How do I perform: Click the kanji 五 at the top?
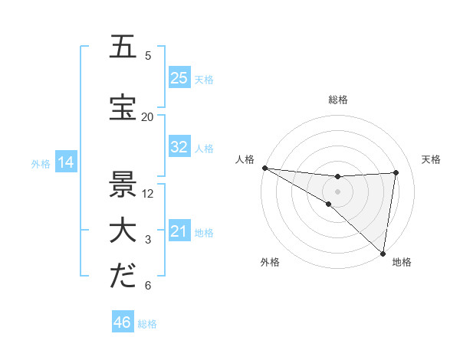pyautogui.click(x=123, y=47)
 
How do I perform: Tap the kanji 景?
pyautogui.click(x=123, y=185)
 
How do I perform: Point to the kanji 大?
pyautogui.click(x=123, y=232)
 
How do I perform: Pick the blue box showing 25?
pyautogui.click(x=179, y=78)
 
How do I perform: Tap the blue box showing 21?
pyautogui.click(x=179, y=231)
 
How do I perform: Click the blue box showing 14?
pyautogui.click(x=65, y=162)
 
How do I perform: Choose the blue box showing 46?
pyautogui.click(x=122, y=322)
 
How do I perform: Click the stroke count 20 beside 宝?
pyautogui.click(x=147, y=116)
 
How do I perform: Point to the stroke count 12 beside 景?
pyautogui.click(x=148, y=193)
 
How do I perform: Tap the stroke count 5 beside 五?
pyautogui.click(x=148, y=55)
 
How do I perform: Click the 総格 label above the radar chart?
pyautogui.click(x=337, y=100)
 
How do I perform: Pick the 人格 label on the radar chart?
pyautogui.click(x=245, y=159)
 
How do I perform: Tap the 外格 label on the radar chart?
pyautogui.click(x=269, y=262)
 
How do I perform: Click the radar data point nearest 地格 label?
pyautogui.click(x=383, y=253)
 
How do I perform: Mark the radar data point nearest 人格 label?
pyautogui.click(x=264, y=168)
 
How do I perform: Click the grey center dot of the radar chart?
pyautogui.click(x=337, y=191)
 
